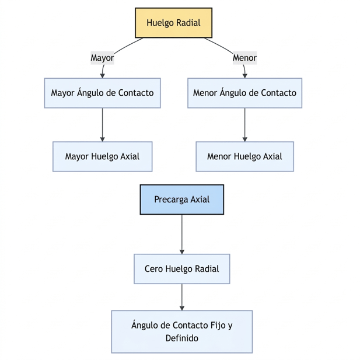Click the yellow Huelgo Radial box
pos(173,23)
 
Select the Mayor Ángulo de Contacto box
pos(102,93)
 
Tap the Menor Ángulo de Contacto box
pos(244,93)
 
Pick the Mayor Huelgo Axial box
pos(102,156)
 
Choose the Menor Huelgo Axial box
pos(244,156)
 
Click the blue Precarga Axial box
pos(181,200)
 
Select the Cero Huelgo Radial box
pos(181,269)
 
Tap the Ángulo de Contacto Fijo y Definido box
pos(181,331)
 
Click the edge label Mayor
pos(102,58)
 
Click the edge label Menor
pos(244,58)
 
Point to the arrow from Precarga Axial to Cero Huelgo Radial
pos(181,234)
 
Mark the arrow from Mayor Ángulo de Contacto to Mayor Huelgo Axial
pos(102,124)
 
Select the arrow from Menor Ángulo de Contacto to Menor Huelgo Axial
pos(244,124)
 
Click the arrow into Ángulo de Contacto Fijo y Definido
pos(181,297)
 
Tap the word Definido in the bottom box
pos(181,338)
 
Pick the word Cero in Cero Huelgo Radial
pos(154,269)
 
